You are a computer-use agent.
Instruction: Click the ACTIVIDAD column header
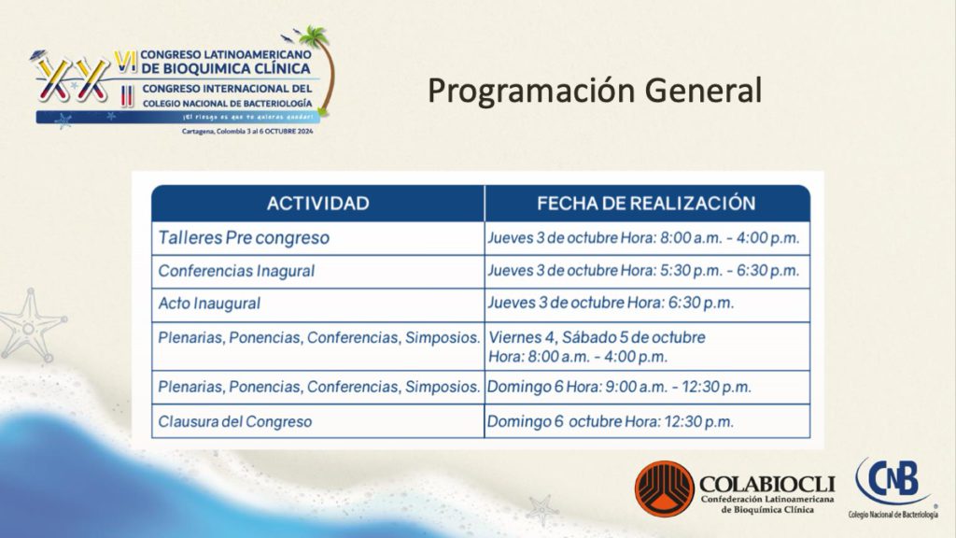point(317,203)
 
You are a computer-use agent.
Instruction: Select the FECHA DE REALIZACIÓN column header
point(647,203)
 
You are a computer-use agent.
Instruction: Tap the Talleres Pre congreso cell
point(317,238)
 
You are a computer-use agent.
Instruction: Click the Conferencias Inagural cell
point(317,272)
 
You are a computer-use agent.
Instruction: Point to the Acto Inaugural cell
point(317,304)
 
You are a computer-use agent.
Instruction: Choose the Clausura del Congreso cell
point(317,421)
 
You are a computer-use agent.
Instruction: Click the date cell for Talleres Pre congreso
point(647,238)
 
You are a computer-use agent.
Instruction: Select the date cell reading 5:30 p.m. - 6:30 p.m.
point(647,272)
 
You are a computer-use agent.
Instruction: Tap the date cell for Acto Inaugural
point(647,304)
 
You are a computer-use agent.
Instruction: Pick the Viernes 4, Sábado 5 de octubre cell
point(647,347)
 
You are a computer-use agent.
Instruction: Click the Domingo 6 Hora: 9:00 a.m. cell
point(647,388)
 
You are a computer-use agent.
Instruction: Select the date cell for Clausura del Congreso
point(647,421)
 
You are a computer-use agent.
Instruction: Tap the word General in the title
point(704,91)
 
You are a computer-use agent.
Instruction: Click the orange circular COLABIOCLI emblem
point(665,489)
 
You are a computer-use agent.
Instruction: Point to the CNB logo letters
point(893,480)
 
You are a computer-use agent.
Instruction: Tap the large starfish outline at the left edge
point(31,326)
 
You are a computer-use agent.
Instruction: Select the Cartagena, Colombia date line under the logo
point(247,131)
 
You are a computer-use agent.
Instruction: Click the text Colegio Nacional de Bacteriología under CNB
point(893,515)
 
